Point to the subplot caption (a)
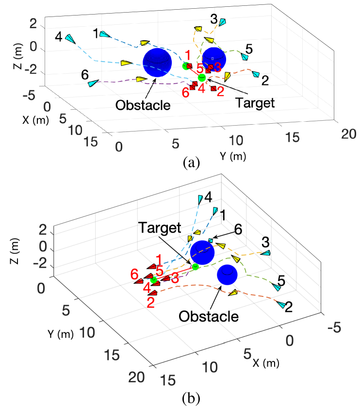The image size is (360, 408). (190, 163)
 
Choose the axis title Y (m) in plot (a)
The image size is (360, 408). (233, 157)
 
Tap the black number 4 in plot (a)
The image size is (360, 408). (58, 36)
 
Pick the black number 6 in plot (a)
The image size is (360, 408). (84, 75)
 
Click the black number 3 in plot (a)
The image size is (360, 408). (214, 19)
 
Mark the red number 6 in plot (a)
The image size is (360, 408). (186, 92)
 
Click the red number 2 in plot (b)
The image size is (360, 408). (150, 302)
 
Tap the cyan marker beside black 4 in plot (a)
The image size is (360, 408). (71, 39)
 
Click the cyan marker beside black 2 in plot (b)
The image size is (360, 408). (280, 304)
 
